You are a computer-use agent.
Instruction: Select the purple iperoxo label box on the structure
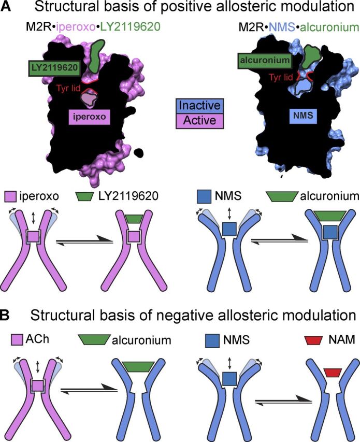90,117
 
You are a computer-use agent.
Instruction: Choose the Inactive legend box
200,107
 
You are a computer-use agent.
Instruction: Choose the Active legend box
200,121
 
